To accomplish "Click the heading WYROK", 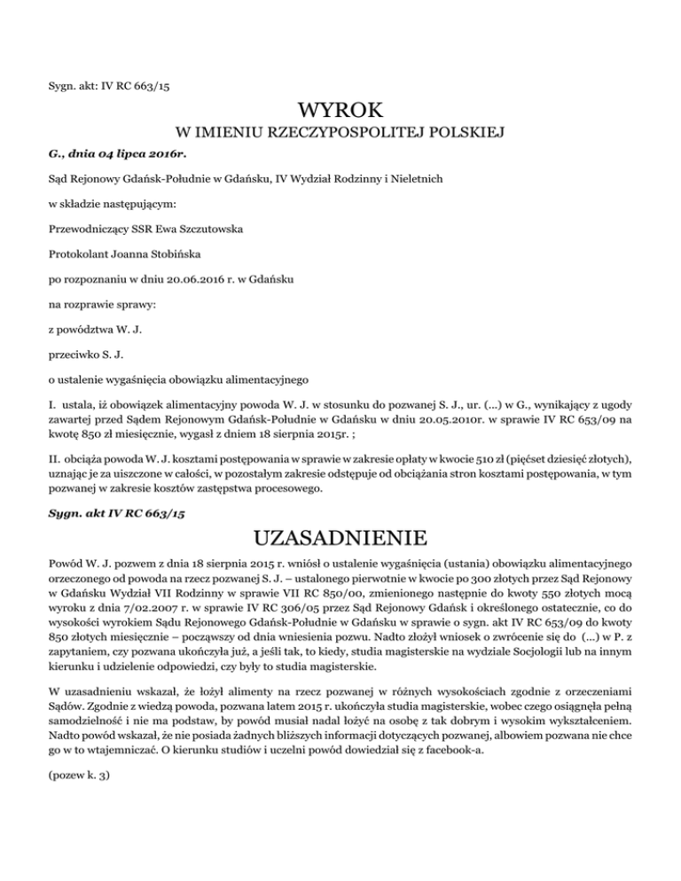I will tap(340, 110).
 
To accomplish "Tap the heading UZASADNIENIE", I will tap(340, 538).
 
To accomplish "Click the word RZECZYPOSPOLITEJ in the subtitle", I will tap(343, 135).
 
